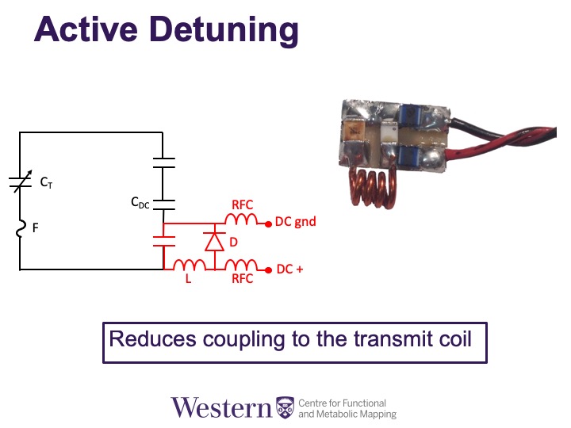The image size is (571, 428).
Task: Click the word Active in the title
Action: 79,29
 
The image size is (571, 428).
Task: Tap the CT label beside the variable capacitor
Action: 48,182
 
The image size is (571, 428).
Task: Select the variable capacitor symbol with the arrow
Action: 20,182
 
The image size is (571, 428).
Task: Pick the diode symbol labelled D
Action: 213,241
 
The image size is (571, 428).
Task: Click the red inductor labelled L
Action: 190,266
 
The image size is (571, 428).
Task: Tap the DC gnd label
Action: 295,222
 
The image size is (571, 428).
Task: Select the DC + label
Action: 289,269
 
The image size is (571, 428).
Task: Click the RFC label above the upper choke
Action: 242,204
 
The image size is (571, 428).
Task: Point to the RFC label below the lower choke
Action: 242,280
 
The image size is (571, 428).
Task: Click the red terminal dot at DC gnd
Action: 268,223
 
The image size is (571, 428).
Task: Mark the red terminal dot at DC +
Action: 268,269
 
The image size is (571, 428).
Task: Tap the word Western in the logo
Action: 221,407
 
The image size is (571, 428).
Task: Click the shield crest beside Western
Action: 285,407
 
